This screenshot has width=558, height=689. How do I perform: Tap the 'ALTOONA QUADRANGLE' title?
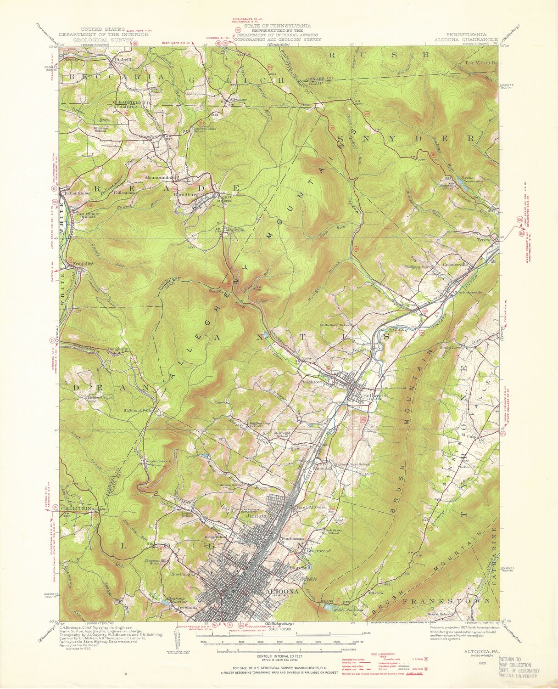point(466,40)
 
